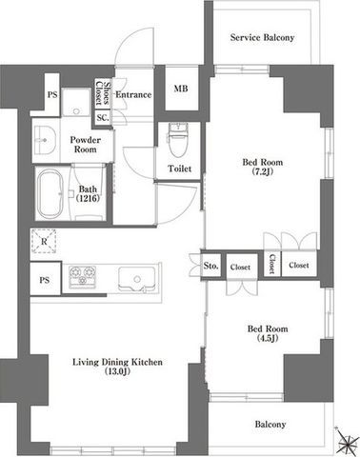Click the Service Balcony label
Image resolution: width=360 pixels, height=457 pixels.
coord(262,37)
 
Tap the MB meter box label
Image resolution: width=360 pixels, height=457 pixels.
coord(181,89)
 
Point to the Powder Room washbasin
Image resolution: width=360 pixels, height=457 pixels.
coord(45,140)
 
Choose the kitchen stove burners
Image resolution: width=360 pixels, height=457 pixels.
coord(83,277)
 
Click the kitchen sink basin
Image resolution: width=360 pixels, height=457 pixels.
coord(137,279)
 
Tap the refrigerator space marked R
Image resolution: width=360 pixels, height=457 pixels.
coord(44,242)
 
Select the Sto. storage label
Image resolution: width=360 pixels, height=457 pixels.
coord(210,266)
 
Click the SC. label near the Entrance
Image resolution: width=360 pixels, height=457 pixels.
coord(103,118)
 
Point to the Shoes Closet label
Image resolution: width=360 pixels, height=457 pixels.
coord(103,93)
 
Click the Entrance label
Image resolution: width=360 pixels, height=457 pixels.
coord(133,94)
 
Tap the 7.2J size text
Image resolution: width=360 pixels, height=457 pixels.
coord(263,171)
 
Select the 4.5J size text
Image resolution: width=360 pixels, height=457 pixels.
coord(268,338)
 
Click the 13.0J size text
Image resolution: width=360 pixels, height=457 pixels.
coord(117,371)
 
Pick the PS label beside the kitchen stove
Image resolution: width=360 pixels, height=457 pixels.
coord(45,280)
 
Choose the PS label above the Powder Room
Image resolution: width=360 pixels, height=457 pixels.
coord(52,94)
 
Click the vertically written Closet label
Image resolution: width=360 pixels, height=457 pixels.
coord(272,264)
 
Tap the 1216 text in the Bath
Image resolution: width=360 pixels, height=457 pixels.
coord(88,198)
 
